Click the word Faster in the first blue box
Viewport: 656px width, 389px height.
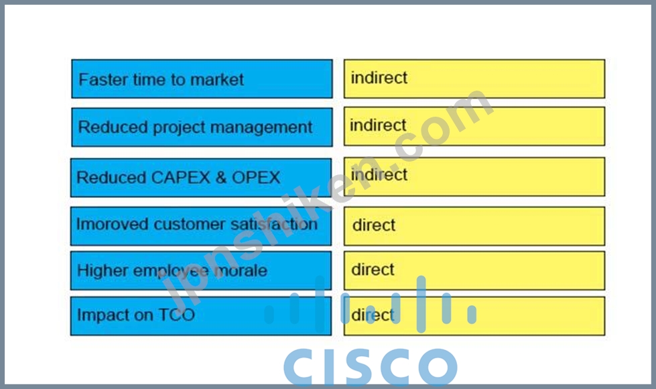pyautogui.click(x=103, y=80)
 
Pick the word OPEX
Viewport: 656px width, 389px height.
pyautogui.click(x=256, y=178)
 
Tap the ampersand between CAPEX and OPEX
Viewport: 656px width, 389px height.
pyautogui.click(x=221, y=178)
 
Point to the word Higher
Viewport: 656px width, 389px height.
pyautogui.click(x=103, y=270)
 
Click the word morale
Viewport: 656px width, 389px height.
pyautogui.click(x=241, y=270)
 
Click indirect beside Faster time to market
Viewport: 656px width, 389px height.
pyautogui.click(x=379, y=78)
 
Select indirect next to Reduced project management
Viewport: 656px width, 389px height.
pyautogui.click(x=378, y=125)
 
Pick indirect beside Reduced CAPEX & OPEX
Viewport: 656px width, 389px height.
pyautogui.click(x=379, y=174)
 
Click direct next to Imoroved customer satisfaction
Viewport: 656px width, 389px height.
pyautogui.click(x=374, y=225)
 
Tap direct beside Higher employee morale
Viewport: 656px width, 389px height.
pyautogui.click(x=373, y=270)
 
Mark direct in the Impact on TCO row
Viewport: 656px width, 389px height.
pyautogui.click(x=373, y=315)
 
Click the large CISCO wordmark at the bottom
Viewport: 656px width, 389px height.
pyautogui.click(x=371, y=366)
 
